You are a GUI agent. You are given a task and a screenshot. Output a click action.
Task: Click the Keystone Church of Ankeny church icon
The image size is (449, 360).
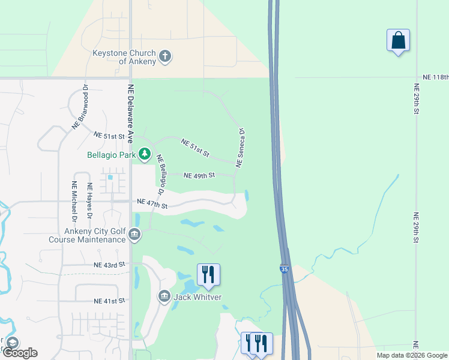coord(165,57)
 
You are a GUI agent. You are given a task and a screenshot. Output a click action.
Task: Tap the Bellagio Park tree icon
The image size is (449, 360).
coord(145,155)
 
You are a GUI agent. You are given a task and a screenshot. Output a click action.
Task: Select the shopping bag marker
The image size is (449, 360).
coord(398,41)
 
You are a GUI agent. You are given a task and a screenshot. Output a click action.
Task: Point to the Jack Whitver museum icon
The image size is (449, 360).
coord(164,296)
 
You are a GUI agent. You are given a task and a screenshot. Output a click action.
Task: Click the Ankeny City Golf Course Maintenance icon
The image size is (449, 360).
coord(134,235)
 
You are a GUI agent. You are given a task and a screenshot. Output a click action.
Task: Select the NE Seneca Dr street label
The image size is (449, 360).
coord(241,147)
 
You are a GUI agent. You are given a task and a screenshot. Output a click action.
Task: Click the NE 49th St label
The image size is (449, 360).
coord(199,176)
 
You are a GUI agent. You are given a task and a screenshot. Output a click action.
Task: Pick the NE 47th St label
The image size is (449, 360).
coord(152,204)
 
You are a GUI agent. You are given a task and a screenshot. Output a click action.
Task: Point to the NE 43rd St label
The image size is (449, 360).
coord(109,265)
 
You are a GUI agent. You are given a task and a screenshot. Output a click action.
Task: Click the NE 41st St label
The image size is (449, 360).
coord(109,301)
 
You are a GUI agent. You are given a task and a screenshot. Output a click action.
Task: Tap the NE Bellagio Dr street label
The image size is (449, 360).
coord(160,175)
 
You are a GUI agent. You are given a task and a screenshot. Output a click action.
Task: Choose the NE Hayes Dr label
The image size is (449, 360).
coord(90,200)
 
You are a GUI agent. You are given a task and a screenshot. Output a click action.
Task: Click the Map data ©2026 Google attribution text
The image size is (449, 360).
coord(411,355)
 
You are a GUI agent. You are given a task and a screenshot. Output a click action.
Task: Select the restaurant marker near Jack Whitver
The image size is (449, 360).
coord(208,275)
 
